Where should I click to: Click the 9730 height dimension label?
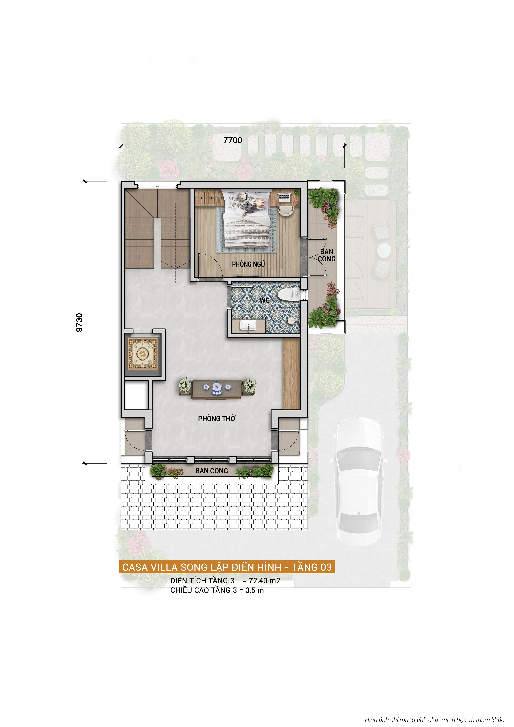[79, 322]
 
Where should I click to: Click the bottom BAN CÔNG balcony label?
[212, 471]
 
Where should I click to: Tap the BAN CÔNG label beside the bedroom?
[326, 255]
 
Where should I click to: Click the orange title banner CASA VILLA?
[227, 567]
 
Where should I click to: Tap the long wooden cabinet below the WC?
[291, 374]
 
